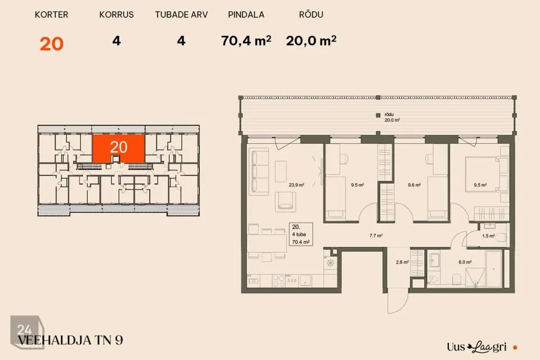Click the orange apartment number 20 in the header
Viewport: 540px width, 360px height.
[52, 44]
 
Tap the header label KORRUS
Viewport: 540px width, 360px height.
[116, 15]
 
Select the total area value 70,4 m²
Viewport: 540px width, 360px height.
[246, 40]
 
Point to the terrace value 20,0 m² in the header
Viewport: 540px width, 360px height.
[311, 40]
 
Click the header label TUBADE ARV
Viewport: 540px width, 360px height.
[182, 15]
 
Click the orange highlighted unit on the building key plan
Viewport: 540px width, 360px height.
[119, 148]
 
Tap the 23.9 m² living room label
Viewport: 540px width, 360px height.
[296, 185]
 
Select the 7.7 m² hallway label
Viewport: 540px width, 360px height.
[376, 236]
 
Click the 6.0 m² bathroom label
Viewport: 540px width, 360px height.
[465, 262]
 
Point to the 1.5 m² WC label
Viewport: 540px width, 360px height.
[488, 236]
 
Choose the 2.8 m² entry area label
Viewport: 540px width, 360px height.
[402, 262]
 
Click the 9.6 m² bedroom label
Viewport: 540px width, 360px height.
[415, 185]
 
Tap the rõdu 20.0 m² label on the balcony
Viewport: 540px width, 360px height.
[392, 117]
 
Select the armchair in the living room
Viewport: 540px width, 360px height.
[285, 201]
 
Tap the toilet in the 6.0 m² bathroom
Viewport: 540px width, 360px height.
[457, 279]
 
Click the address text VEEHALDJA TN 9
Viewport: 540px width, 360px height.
[71, 340]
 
